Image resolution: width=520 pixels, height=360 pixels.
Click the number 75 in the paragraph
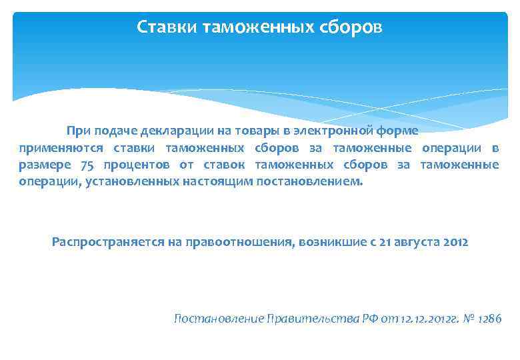pyautogui.click(x=87, y=165)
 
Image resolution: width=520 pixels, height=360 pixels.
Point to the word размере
pyautogui.click(x=43, y=165)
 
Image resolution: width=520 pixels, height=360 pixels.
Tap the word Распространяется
pyautogui.click(x=103, y=242)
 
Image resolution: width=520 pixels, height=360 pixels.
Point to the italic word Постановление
pyautogui.click(x=217, y=319)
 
